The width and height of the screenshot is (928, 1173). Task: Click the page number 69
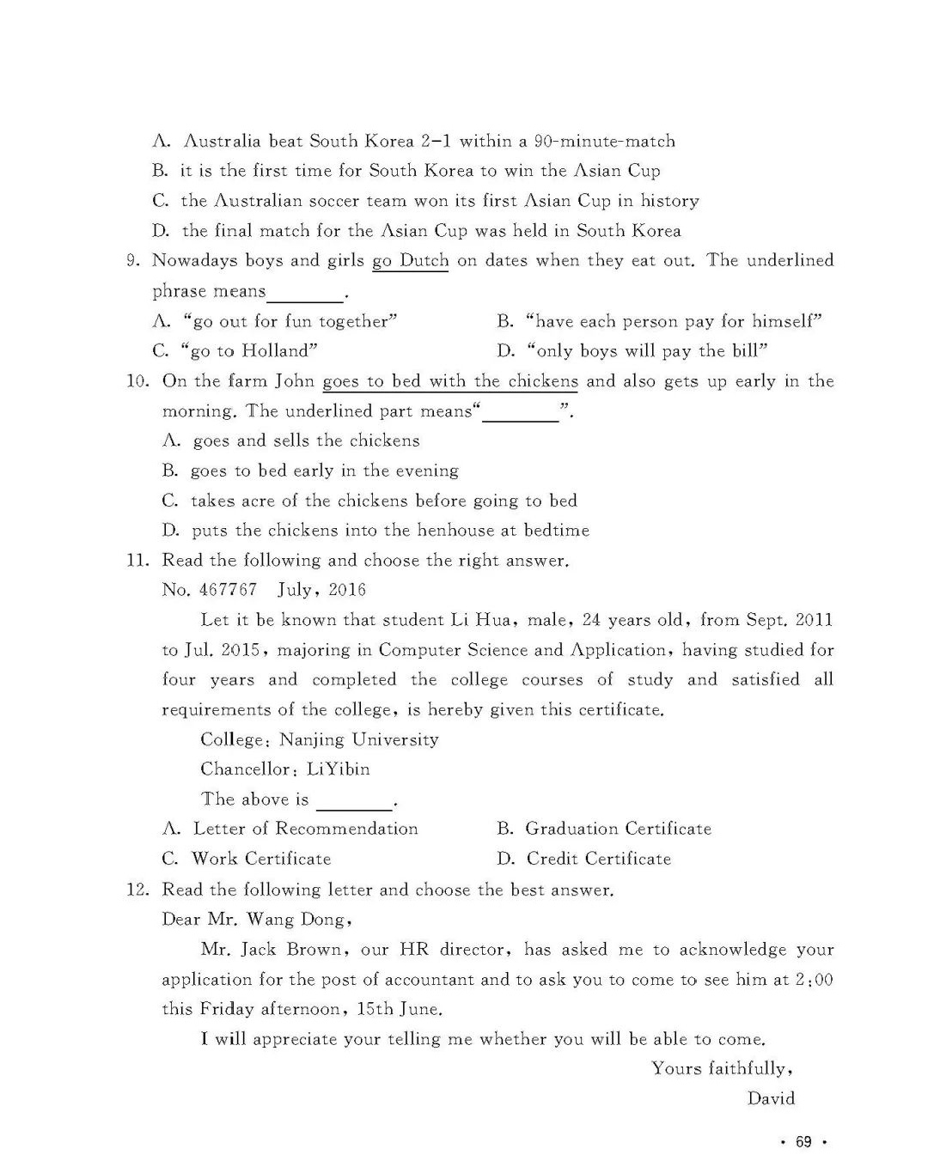coord(803,1141)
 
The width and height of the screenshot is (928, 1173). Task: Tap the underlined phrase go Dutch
coord(410,261)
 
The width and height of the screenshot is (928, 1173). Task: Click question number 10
coord(138,381)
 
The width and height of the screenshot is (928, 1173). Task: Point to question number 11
coord(138,561)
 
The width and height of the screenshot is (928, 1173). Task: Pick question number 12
coord(138,890)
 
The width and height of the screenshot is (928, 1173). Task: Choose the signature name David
coord(771,1098)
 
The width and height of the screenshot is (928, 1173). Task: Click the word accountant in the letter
coord(429,980)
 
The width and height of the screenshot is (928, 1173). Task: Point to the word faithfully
coord(749,1069)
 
